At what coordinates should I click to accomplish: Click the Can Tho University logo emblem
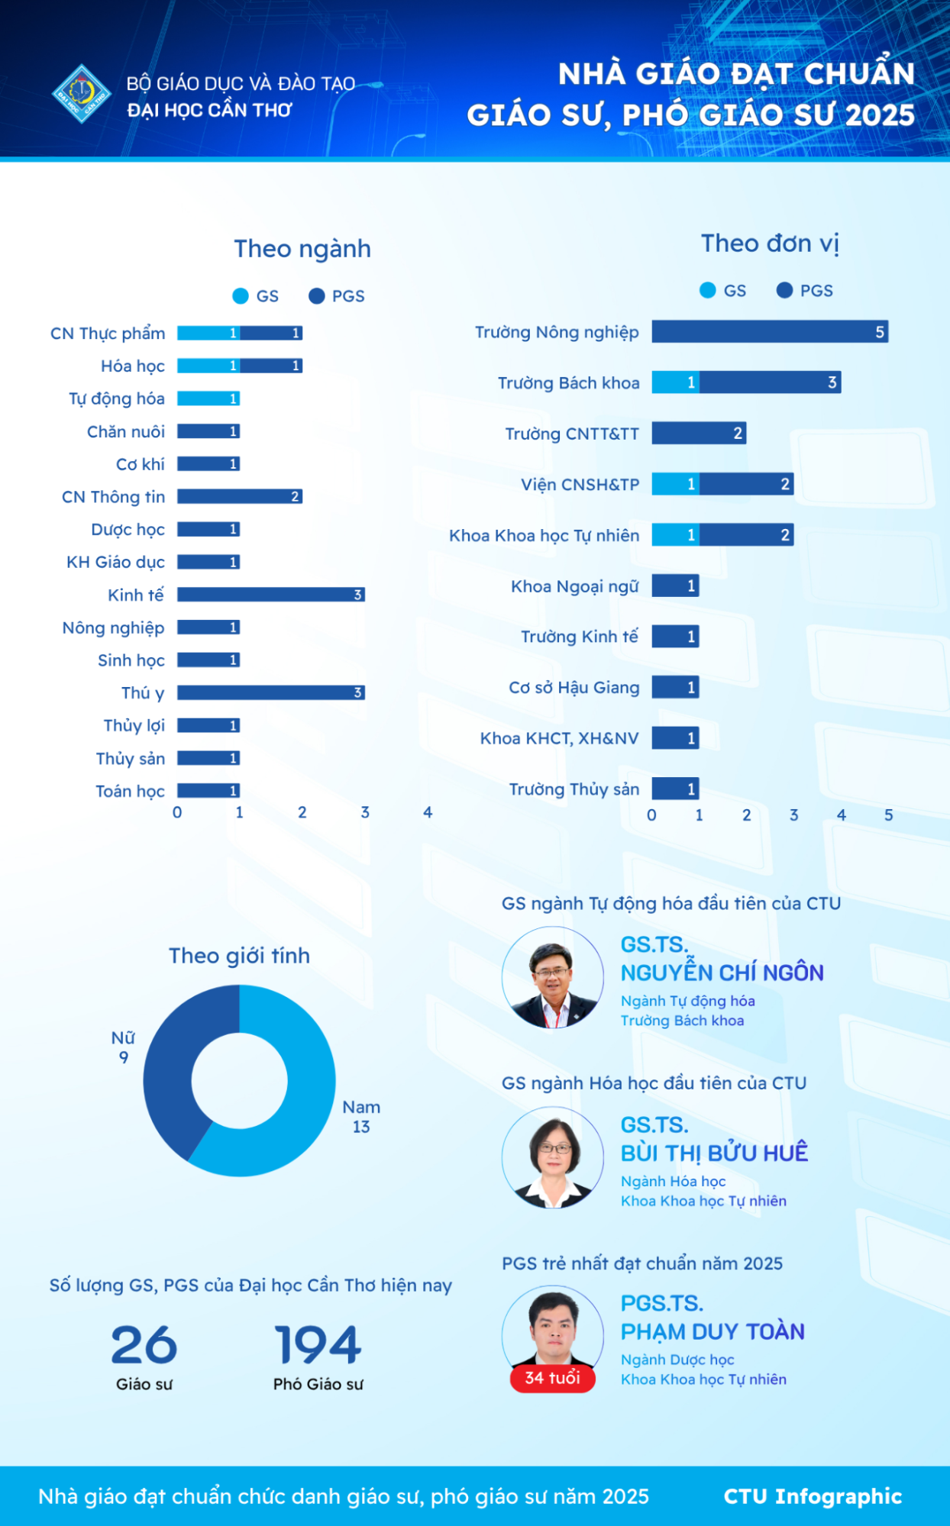pos(82,94)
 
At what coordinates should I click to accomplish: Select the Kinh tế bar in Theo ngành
pos(270,595)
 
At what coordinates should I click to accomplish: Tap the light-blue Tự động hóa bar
pos(208,398)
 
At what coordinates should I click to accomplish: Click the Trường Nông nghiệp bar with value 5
pos(769,332)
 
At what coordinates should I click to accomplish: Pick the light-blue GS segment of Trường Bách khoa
pos(675,382)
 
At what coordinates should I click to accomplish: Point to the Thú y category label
pos(143,693)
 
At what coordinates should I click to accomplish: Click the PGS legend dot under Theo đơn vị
pos(784,290)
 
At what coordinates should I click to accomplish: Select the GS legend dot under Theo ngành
pos(241,296)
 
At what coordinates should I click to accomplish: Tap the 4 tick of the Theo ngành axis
pos(428,812)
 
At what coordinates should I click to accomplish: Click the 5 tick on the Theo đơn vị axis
pos(889,815)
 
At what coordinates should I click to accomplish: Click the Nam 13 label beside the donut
pos(361,1117)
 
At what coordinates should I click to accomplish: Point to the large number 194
pos(318,1344)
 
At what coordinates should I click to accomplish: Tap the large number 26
pos(144,1344)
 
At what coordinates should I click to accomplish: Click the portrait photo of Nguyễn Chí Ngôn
pos(553,978)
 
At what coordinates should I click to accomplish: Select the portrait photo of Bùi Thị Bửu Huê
pos(553,1157)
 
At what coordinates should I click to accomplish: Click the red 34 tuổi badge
pos(552,1378)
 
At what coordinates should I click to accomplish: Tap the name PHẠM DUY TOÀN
pos(712,1332)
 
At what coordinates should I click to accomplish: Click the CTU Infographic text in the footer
pos(813,1496)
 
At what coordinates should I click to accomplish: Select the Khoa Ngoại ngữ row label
pos(574,586)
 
